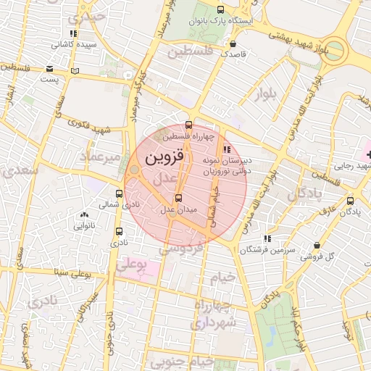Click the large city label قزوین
[x=165, y=157]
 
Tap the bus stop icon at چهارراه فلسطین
[x=189, y=125]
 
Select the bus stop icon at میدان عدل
[x=179, y=198]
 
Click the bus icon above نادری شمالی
[x=120, y=193]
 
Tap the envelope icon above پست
[x=49, y=70]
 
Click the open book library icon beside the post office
[x=76, y=71]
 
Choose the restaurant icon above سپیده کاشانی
[x=72, y=33]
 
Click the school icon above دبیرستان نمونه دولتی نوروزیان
[x=227, y=149]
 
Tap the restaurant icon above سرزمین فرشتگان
[x=267, y=238]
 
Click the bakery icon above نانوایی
[x=85, y=214]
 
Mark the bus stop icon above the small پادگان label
[x=351, y=201]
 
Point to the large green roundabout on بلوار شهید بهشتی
[x=338, y=52]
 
